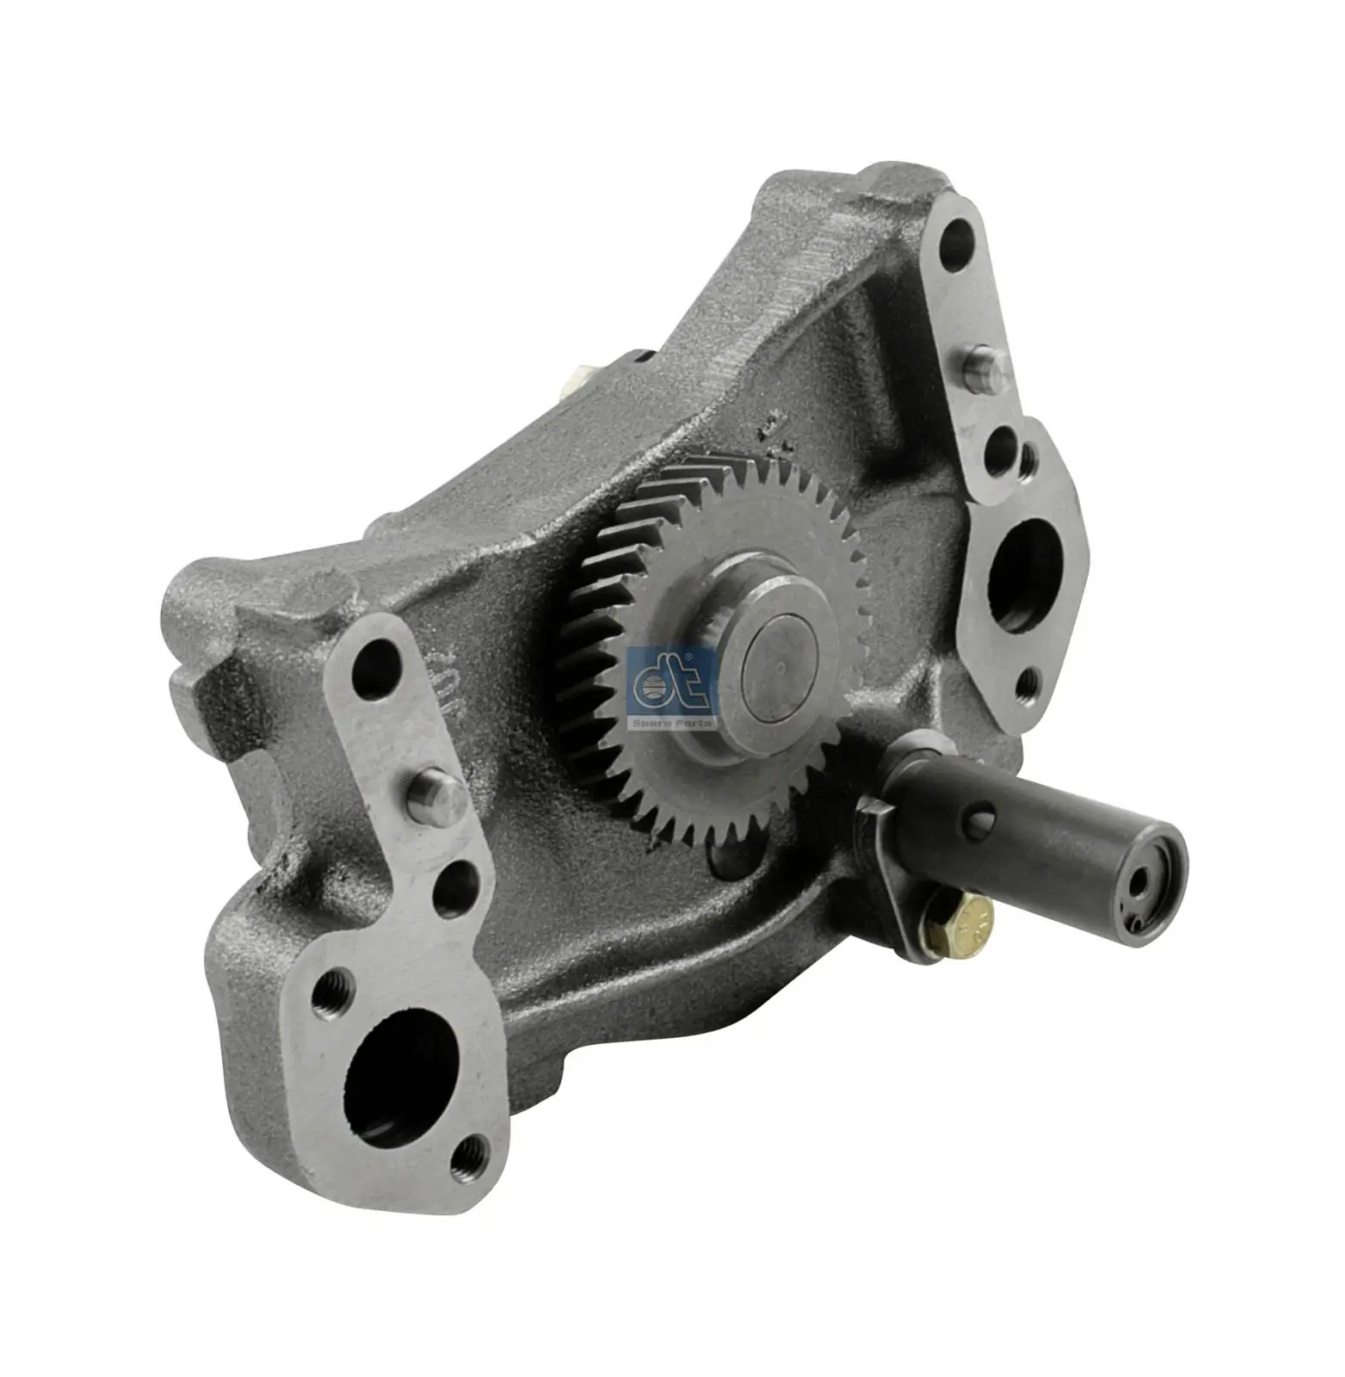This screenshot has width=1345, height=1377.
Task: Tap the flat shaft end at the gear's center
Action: pos(789,663)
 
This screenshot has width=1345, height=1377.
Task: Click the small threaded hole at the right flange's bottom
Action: pos(1026,683)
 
